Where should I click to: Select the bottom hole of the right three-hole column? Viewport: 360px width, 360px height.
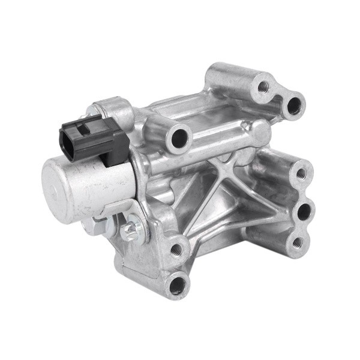[x=296, y=243]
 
